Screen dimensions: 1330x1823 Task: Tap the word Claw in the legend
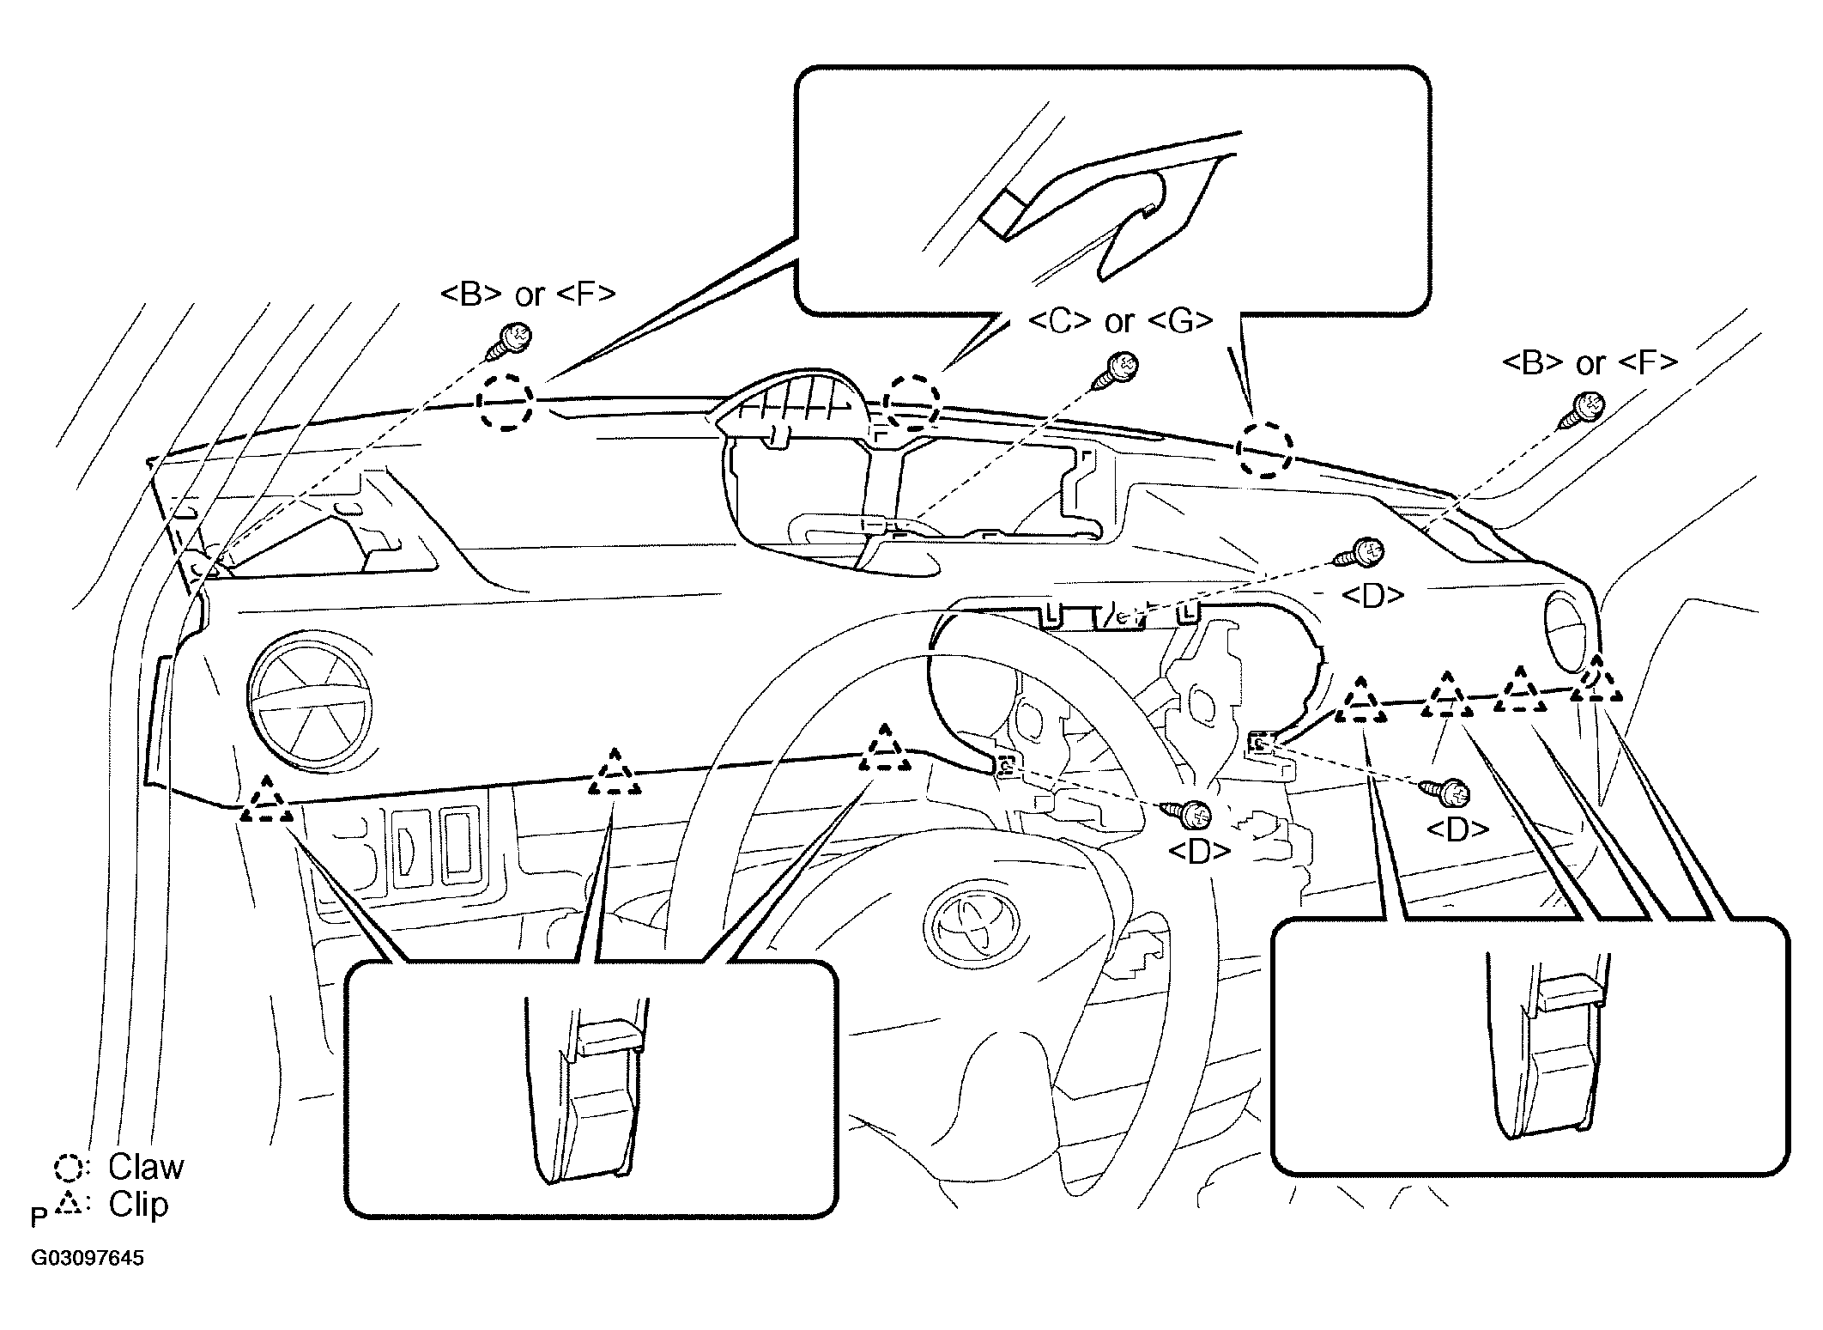[146, 1167]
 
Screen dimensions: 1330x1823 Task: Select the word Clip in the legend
[138, 1205]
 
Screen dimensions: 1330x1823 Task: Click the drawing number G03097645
[88, 1259]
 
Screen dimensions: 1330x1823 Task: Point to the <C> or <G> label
[1120, 321]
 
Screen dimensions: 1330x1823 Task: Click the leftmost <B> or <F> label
[528, 294]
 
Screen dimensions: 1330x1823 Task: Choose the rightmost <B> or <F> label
[1590, 362]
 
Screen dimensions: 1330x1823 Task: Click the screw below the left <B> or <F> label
[510, 342]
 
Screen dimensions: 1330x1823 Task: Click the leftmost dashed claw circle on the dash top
[505, 401]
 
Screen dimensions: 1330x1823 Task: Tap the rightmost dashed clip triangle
[1596, 683]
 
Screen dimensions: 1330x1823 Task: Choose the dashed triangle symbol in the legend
[69, 1206]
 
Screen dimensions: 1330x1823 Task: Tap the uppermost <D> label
[1372, 596]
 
